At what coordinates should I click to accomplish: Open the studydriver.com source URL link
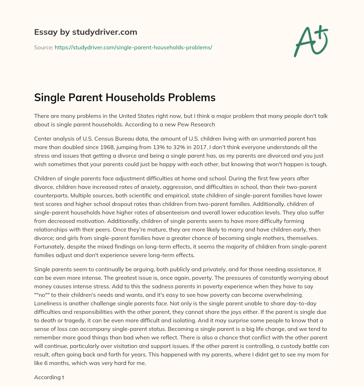pyautogui.click(x=133, y=47)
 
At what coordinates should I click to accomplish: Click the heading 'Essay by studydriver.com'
pyautogui.click(x=85, y=32)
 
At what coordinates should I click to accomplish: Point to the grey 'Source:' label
pyautogui.click(x=43, y=47)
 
